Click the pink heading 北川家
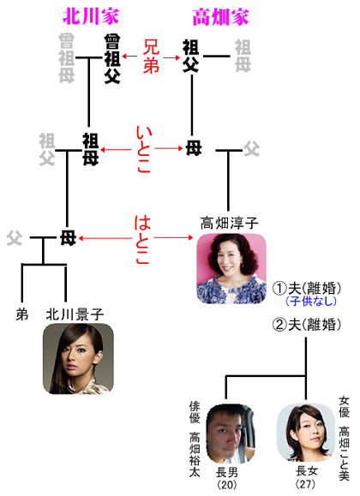(91, 16)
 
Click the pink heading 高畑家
(220, 17)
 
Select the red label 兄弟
(151, 57)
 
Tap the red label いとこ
(143, 149)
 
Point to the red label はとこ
(142, 240)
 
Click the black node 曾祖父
(112, 59)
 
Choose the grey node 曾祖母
(67, 58)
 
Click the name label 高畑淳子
(229, 224)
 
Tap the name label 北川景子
(75, 314)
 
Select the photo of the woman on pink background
(231, 269)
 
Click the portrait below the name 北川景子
(78, 359)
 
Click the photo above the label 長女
(305, 432)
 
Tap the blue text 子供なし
(310, 301)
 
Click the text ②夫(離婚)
(307, 325)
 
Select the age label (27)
(305, 484)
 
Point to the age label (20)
(226, 484)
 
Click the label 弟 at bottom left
(21, 314)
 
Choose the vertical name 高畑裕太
(195, 455)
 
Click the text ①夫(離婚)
(307, 288)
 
